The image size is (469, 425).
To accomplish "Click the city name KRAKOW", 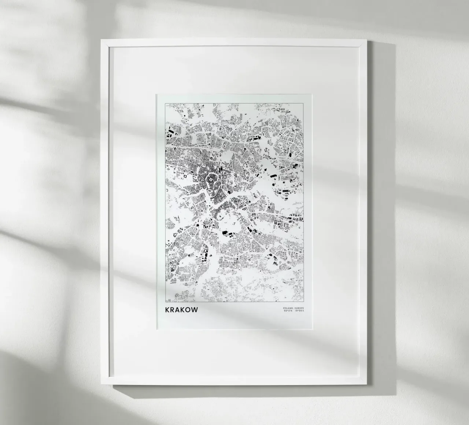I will [182, 310].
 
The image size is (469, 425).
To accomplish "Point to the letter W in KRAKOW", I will [195, 310].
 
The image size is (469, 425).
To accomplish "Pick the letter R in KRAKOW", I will [173, 310].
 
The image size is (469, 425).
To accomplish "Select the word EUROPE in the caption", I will [299, 308].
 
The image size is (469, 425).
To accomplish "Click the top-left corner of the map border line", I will [166, 103].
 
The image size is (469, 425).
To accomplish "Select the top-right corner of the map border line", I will [304, 103].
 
